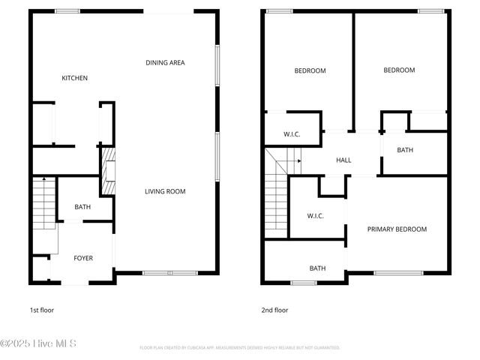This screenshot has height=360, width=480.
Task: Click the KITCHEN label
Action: [x=75, y=78]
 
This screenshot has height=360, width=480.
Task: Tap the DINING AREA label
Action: [x=165, y=63]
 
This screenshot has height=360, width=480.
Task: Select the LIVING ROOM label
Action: [x=165, y=192]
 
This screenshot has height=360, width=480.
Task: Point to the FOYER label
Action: [x=83, y=258]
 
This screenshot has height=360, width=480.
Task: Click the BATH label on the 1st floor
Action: [x=82, y=207]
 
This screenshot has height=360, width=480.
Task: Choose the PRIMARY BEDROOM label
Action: [x=397, y=229]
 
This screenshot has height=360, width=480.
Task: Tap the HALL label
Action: [x=343, y=160]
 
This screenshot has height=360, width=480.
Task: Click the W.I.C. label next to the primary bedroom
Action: [x=315, y=216]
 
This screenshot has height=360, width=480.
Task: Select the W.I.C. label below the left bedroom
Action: [x=292, y=134]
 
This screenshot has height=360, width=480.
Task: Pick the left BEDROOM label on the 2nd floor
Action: [x=310, y=70]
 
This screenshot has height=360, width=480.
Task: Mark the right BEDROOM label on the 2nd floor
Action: [x=399, y=70]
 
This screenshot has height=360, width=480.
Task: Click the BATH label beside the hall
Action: [x=405, y=150]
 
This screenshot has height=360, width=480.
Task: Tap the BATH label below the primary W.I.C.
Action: [x=318, y=268]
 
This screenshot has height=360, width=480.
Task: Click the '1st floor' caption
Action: [x=41, y=310]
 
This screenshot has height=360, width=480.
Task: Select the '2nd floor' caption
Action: [x=274, y=310]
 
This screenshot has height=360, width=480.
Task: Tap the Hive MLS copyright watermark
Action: [x=39, y=344]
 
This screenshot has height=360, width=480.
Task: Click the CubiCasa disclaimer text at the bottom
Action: [x=240, y=348]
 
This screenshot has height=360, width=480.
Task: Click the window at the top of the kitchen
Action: [x=67, y=10]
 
